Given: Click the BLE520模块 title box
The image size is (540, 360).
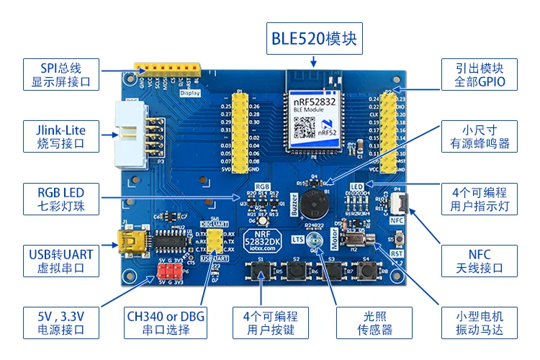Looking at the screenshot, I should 313,38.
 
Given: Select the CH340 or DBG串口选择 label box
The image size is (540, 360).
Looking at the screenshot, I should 157,322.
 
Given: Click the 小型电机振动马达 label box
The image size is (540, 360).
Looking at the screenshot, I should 480,322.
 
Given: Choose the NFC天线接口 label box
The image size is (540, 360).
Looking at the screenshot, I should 480,261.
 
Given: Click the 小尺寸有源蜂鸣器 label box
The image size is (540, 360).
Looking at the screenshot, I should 480,137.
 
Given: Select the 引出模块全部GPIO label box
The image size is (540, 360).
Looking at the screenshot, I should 480,75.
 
